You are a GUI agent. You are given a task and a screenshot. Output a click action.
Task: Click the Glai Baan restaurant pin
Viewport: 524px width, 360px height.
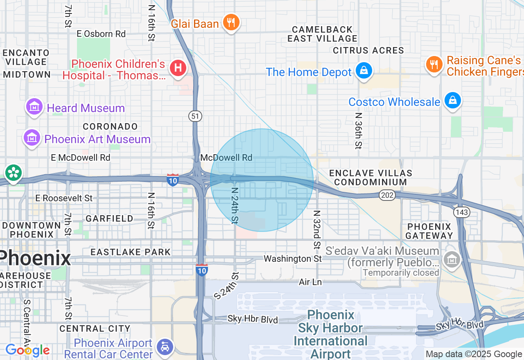[231, 22]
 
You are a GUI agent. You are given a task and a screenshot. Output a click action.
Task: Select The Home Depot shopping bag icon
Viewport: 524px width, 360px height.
[363, 71]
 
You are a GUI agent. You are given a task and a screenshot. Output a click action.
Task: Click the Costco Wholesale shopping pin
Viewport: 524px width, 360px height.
[453, 100]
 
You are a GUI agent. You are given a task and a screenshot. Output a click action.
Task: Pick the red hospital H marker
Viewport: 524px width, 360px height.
[178, 67]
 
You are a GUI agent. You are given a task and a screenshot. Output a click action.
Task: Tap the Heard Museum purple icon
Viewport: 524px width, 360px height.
[34, 107]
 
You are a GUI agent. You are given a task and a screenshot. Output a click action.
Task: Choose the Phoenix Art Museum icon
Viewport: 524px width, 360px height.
[32, 138]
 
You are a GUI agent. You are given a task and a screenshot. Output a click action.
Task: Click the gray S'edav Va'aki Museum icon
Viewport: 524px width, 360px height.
[452, 259]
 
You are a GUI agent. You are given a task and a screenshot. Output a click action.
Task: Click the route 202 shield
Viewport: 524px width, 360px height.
[387, 196]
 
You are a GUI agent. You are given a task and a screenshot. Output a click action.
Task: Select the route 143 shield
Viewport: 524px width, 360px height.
[461, 212]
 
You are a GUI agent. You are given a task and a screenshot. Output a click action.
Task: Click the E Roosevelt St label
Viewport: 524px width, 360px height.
[64, 198]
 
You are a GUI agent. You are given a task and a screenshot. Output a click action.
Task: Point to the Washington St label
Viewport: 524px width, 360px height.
[293, 259]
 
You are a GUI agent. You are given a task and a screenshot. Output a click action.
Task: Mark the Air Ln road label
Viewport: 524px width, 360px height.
[310, 282]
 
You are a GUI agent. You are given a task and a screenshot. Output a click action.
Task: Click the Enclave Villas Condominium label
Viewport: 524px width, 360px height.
[370, 178]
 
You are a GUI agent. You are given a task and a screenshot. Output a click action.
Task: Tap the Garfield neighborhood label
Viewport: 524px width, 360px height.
[109, 219]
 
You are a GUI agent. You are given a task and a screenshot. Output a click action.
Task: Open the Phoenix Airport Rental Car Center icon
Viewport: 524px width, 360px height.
[165, 347]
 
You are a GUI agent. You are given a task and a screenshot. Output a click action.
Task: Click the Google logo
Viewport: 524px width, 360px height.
[27, 350]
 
